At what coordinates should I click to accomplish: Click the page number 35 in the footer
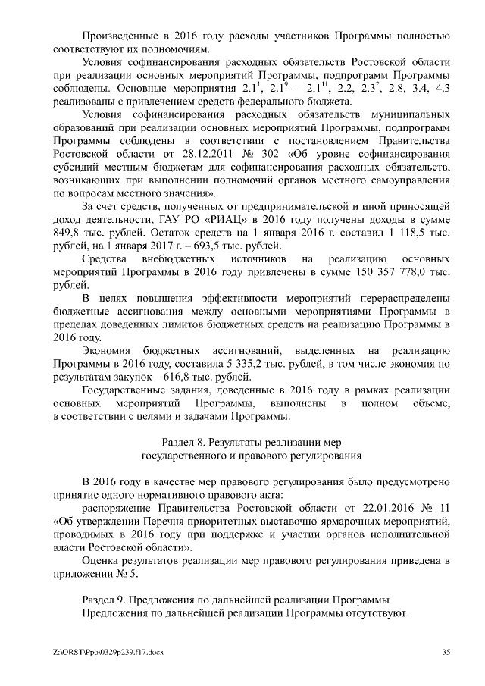tap(446, 652)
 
